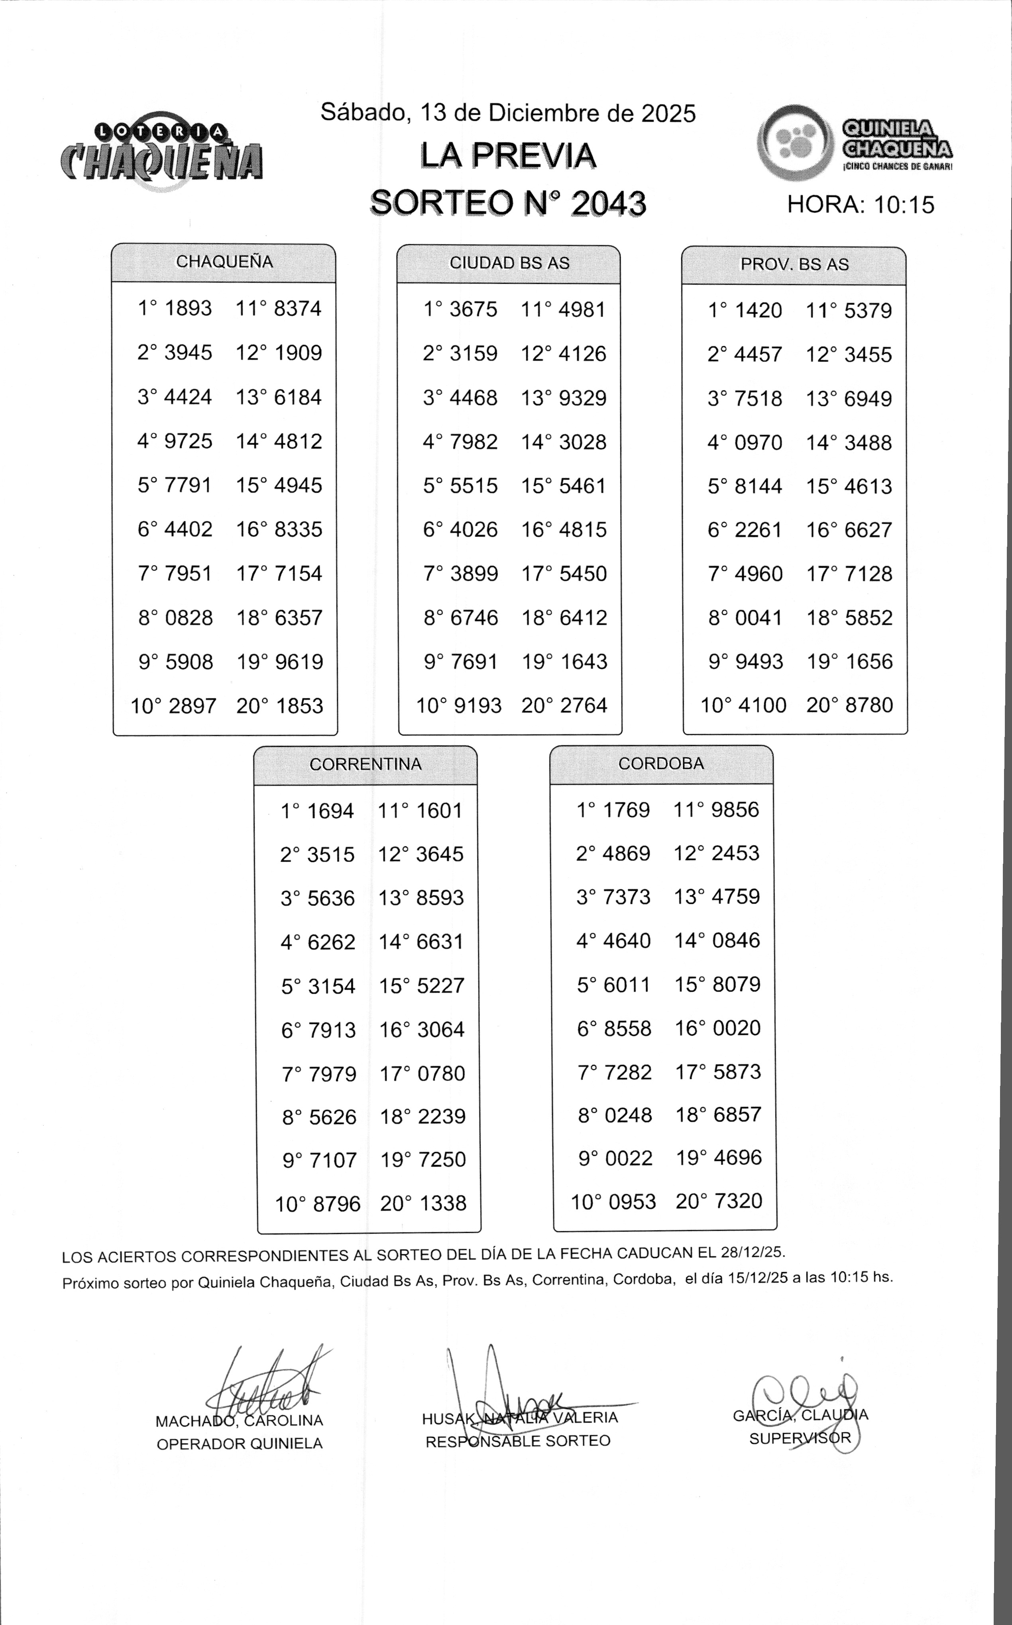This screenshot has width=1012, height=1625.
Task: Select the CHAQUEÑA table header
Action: [x=224, y=262]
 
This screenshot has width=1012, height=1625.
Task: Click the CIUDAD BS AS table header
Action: [x=509, y=263]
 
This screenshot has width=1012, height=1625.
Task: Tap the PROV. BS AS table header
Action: [x=794, y=264]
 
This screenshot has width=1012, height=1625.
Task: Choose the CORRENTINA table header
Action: [x=365, y=764]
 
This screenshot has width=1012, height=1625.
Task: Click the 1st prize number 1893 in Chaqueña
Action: [x=188, y=309]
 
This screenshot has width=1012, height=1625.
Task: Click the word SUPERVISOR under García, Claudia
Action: [x=800, y=1438]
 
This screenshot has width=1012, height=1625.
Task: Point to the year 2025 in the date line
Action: [x=669, y=114]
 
